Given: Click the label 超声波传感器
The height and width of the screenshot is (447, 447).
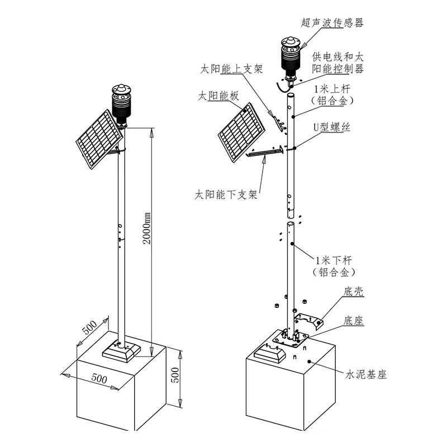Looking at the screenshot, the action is coord(332,23).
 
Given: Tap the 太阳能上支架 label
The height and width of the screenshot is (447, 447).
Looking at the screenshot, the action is coord(231,69).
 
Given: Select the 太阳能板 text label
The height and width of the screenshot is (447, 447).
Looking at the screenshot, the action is coord(218,96).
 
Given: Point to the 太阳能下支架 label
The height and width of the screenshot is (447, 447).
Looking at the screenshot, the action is coord(226,195).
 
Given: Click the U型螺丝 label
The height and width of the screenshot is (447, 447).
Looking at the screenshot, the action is coord(332,127).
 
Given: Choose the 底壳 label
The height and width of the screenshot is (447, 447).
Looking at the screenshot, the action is coord(354,291).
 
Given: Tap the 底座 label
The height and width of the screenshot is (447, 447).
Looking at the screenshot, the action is coord(354,321).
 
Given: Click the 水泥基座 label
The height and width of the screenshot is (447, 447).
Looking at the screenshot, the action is coord(366,374).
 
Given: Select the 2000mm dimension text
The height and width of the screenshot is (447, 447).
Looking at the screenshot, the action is coord(147,228).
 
